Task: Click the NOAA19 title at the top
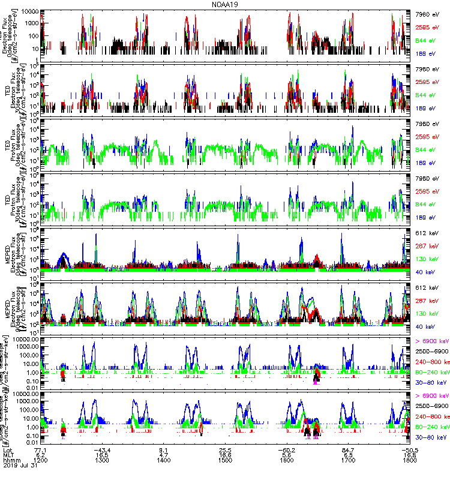tap(226, 4)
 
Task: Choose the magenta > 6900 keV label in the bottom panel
tap(432, 396)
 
